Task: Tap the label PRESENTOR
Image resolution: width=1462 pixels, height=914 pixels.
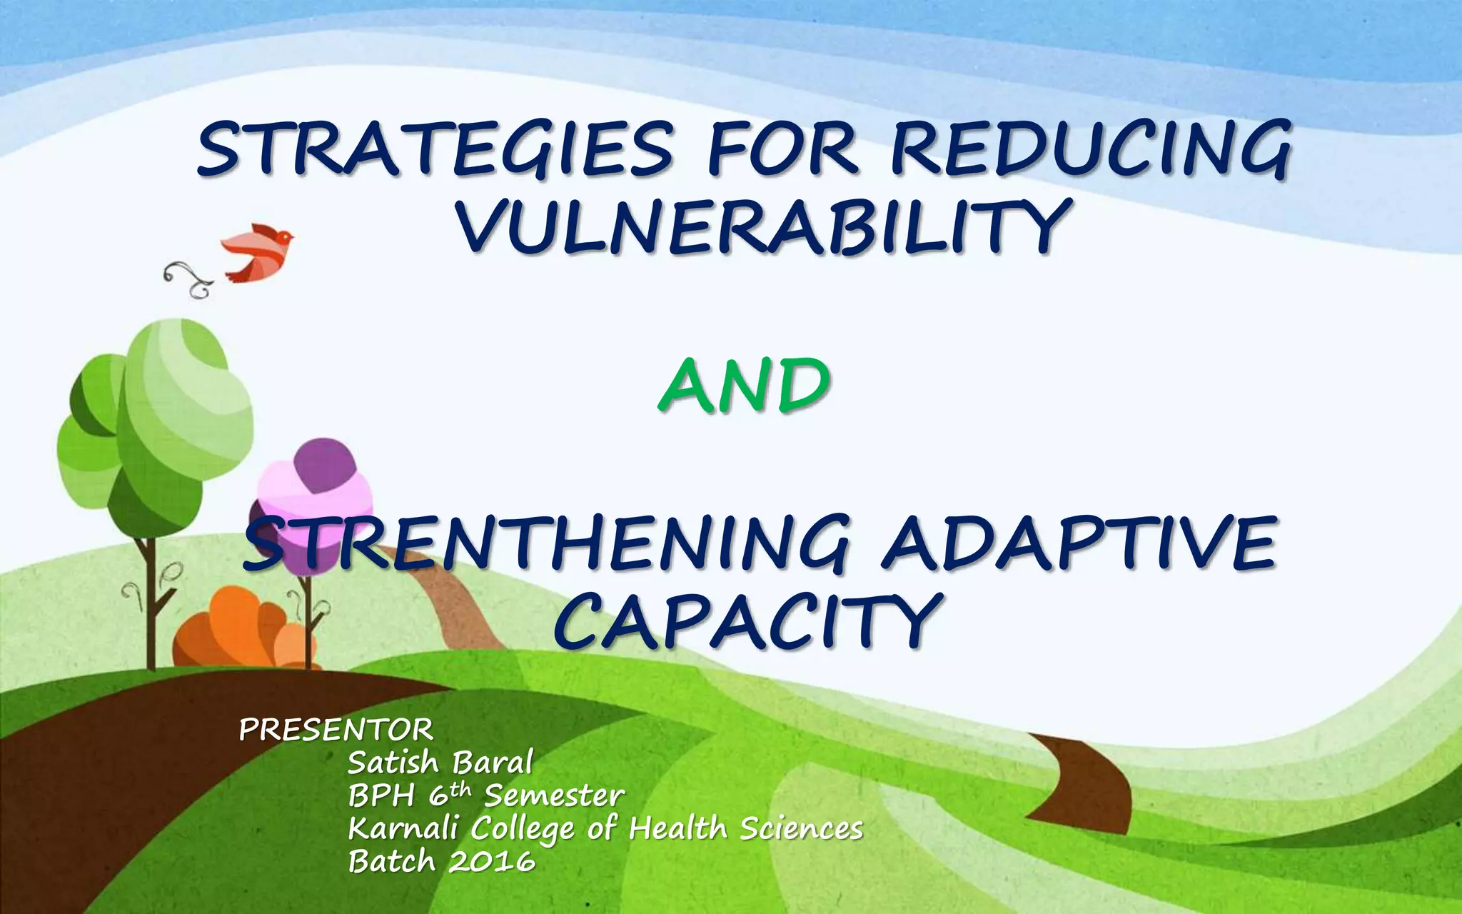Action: tap(336, 730)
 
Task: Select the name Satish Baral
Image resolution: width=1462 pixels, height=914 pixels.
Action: tap(440, 763)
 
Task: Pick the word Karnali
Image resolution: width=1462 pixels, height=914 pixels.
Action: tap(408, 829)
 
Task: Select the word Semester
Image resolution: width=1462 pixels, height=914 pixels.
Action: tap(554, 795)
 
